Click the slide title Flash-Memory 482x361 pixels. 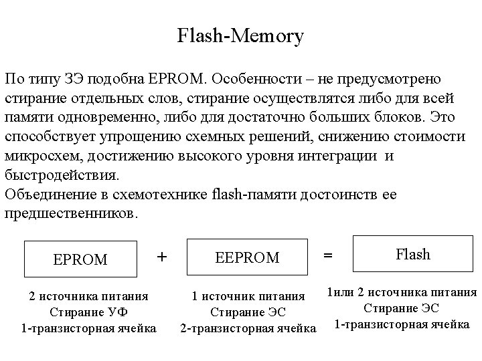240,35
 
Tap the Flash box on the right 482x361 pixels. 413,254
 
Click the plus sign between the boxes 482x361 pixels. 162,256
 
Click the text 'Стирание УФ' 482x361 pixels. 88,312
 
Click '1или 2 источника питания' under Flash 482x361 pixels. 401,291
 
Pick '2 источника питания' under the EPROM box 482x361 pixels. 88,295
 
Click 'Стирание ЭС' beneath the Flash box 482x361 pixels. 402,308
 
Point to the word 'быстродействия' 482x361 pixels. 62,176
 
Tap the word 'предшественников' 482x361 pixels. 70,215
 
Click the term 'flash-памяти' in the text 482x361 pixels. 250,195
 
